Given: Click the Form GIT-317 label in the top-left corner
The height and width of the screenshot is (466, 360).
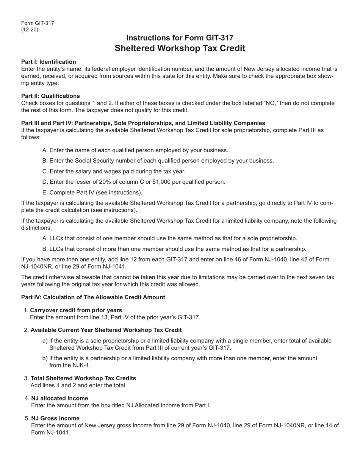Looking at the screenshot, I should [38, 23].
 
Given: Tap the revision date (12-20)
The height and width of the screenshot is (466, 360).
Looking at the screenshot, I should [30, 30].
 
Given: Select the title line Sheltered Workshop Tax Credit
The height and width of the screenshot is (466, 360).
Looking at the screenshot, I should [180, 48].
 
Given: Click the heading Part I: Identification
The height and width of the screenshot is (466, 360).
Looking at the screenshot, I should [49, 62].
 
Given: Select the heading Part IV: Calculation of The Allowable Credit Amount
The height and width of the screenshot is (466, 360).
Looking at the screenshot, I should [93, 297].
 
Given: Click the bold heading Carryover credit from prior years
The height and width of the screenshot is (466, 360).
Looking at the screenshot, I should [76, 310].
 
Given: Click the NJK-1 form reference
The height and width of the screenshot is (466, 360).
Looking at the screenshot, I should [79, 365].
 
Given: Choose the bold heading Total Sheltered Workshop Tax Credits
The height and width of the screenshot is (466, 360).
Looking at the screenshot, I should [83, 378].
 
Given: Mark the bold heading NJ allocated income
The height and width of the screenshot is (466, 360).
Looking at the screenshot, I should [59, 398].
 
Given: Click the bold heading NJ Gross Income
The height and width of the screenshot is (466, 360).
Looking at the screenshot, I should [55, 418].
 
